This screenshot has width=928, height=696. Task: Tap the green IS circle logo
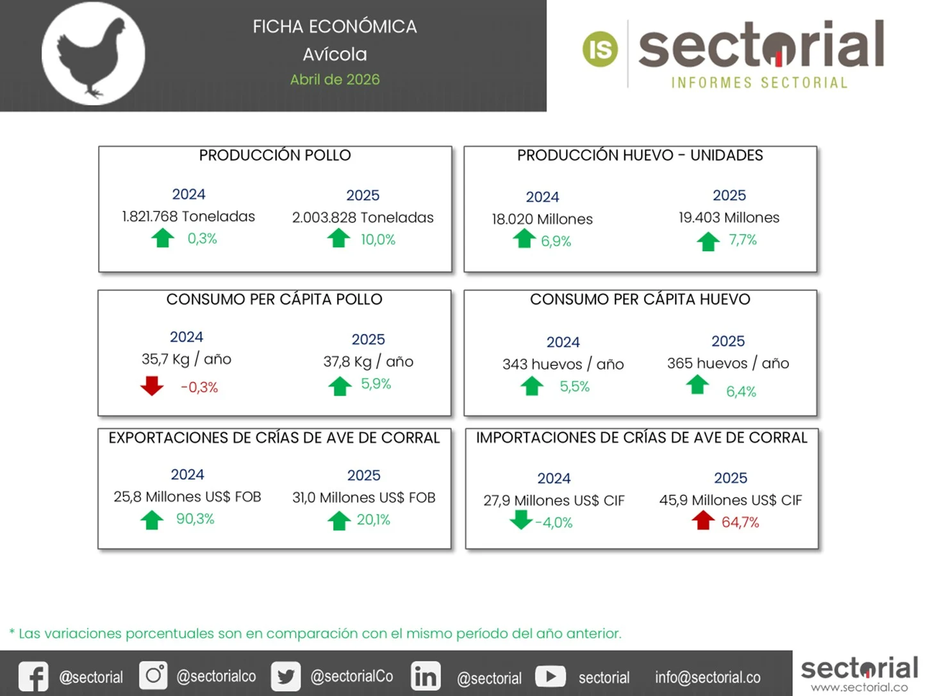600,49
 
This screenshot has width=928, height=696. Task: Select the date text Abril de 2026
335,79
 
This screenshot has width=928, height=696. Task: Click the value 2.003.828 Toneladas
363,218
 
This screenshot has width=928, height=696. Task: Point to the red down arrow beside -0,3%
152,386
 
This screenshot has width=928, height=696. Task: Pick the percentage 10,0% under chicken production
378,240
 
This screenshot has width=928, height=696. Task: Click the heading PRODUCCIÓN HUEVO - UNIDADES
640,156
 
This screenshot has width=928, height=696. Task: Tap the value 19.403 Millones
729,218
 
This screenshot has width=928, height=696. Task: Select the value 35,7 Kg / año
186,360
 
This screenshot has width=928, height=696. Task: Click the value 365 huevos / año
728,363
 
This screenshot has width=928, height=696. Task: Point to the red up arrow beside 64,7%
703,520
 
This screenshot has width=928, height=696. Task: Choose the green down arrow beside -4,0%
521,520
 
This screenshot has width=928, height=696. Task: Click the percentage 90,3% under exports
195,519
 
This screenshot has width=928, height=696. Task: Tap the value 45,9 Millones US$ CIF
731,501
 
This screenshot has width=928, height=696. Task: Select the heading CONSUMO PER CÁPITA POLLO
274,299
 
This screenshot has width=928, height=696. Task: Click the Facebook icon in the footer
33,677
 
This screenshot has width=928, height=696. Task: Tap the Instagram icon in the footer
153,675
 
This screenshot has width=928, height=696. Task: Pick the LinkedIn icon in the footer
426,677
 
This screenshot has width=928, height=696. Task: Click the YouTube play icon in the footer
551,676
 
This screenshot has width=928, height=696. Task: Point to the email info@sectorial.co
708,677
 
